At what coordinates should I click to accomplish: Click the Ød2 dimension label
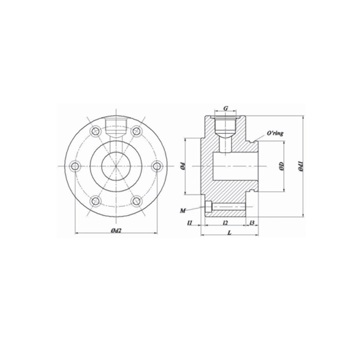(x=116, y=230)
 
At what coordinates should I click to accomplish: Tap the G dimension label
(x=226, y=108)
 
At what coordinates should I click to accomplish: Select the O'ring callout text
(x=275, y=133)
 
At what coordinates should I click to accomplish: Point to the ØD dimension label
(x=282, y=166)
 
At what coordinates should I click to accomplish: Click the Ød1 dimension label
(x=301, y=166)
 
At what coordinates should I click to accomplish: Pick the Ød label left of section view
(x=183, y=166)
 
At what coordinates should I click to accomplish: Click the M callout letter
(x=183, y=210)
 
